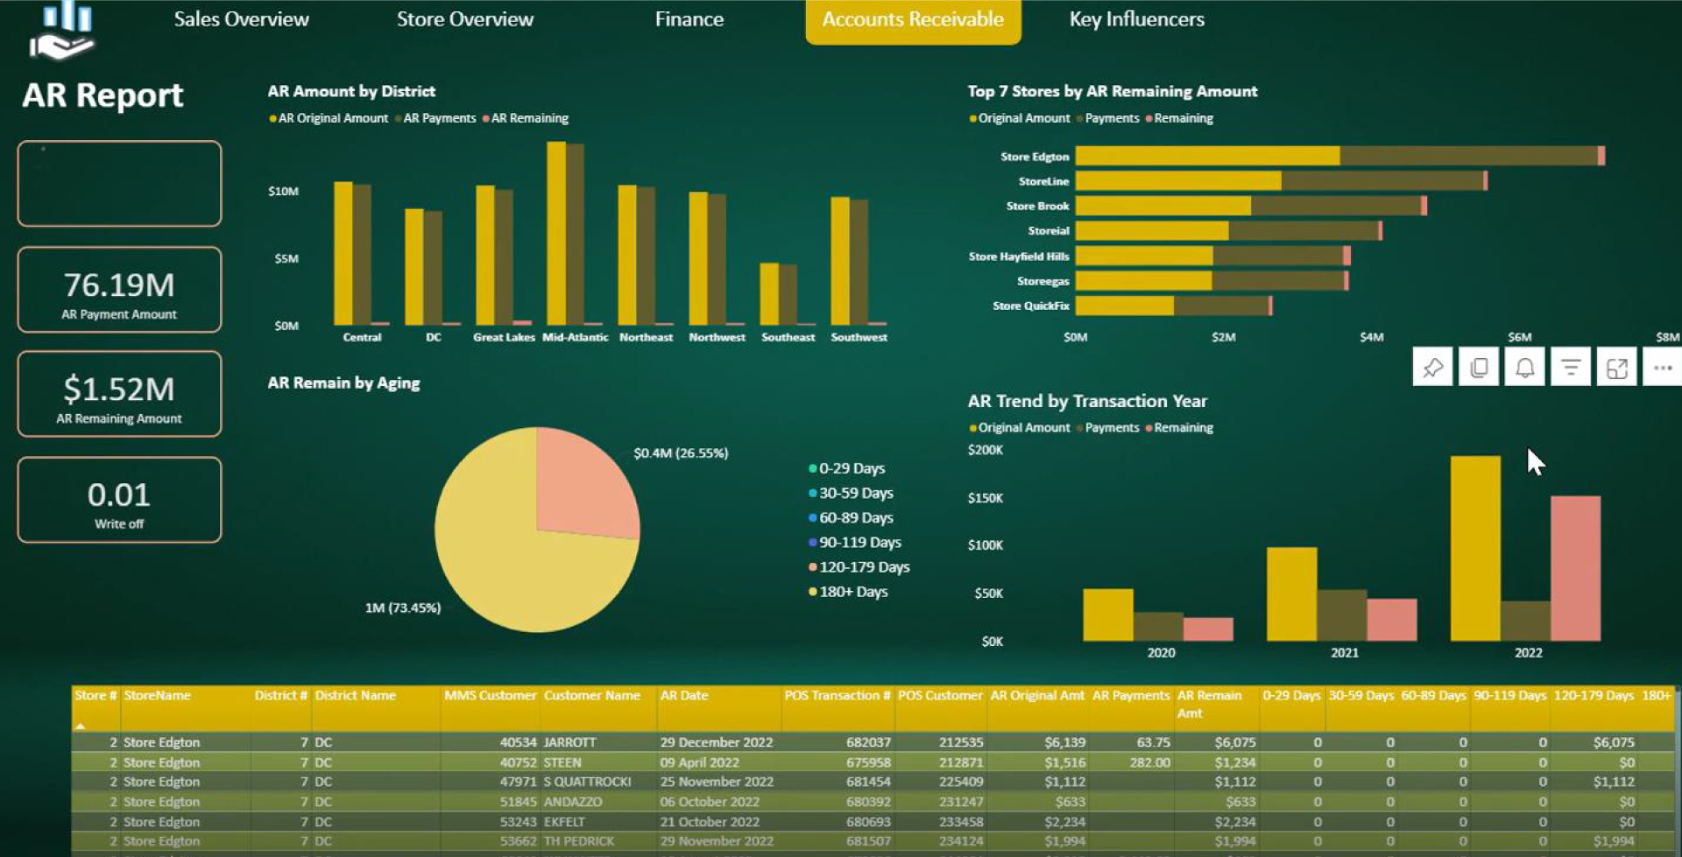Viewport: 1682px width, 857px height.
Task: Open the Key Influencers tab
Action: pyautogui.click(x=1136, y=19)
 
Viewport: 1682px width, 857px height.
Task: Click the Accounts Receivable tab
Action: pyautogui.click(x=912, y=19)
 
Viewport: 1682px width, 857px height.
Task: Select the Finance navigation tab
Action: pyautogui.click(x=689, y=19)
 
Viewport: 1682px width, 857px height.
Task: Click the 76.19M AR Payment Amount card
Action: pyautogui.click(x=119, y=290)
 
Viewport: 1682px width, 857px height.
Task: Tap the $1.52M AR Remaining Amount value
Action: pyautogui.click(x=119, y=389)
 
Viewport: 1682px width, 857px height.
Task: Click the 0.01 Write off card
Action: pyautogui.click(x=119, y=500)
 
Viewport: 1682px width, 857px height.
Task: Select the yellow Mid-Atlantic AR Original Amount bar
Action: pyautogui.click(x=555, y=236)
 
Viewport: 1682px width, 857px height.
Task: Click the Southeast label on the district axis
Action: pyautogui.click(x=788, y=337)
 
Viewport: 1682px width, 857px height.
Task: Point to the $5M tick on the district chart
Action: pyautogui.click(x=286, y=258)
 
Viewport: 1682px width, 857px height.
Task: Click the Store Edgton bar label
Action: pyautogui.click(x=1035, y=157)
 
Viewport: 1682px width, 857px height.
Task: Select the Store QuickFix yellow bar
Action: pyautogui.click(x=1124, y=306)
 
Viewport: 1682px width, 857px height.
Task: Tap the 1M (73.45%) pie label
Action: pyautogui.click(x=402, y=608)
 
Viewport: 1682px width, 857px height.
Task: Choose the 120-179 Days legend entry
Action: pyautogui.click(x=864, y=567)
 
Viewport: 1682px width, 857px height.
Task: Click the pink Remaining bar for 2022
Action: pyautogui.click(x=1575, y=569)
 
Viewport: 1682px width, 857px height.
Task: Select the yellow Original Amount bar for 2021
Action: pyautogui.click(x=1291, y=595)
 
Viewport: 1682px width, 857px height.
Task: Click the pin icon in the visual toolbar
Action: pyautogui.click(x=1432, y=368)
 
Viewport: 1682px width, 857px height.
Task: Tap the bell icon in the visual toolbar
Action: pyautogui.click(x=1524, y=368)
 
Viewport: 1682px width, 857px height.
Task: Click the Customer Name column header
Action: pyautogui.click(x=591, y=696)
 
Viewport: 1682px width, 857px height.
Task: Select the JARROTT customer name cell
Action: pyautogui.click(x=569, y=742)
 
